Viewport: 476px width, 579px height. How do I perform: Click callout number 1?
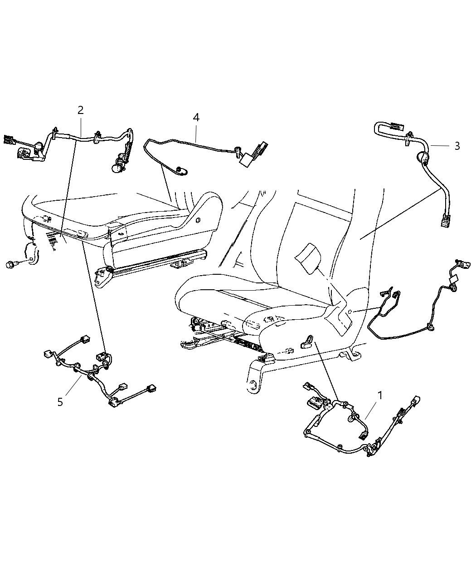coord(380,396)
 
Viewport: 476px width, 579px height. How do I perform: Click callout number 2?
coord(80,110)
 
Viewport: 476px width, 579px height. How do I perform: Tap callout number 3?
coord(457,146)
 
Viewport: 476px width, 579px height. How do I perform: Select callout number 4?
coord(196,117)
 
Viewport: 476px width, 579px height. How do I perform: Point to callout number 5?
coord(60,401)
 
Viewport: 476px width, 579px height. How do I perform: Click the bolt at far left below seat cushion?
coord(10,264)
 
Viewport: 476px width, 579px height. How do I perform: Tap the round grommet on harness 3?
coord(422,158)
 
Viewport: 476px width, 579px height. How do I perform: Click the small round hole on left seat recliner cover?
coord(198,221)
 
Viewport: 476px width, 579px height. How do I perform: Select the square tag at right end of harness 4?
coord(248,158)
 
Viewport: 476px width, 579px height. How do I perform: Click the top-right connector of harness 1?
coord(415,401)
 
